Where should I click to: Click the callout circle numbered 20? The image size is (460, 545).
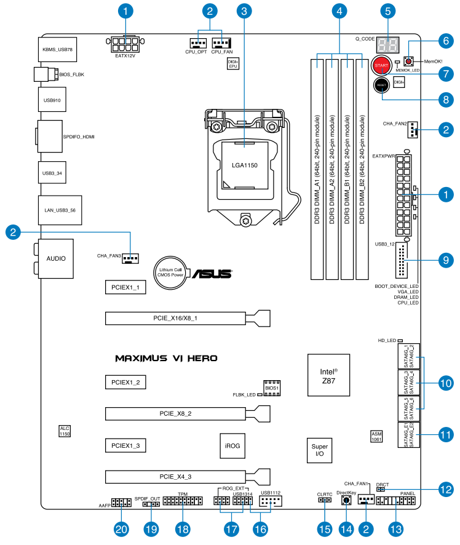point(122,529)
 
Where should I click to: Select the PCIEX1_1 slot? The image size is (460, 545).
point(125,287)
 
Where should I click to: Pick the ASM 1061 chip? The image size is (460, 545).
point(377,436)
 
